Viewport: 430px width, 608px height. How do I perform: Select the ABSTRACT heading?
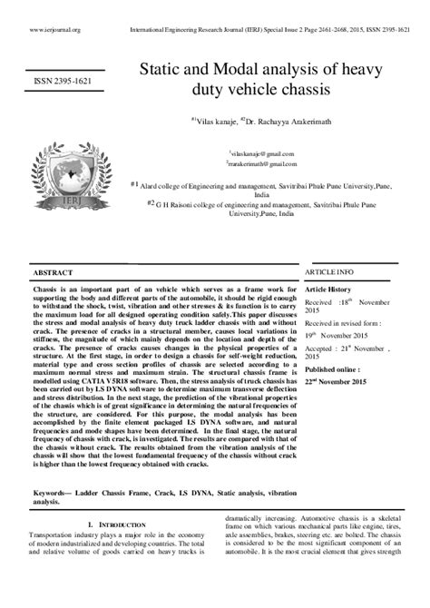pyautogui.click(x=53, y=272)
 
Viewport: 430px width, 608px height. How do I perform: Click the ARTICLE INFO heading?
pyautogui.click(x=328, y=271)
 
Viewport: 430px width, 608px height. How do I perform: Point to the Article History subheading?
pyautogui.click(x=331, y=288)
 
